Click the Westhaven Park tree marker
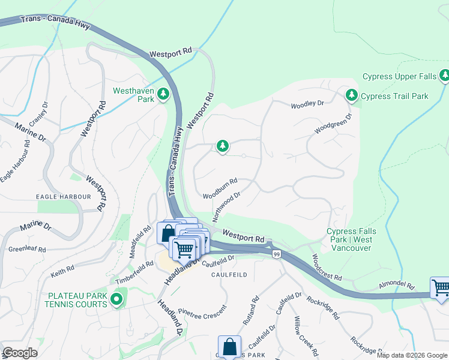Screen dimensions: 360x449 163,94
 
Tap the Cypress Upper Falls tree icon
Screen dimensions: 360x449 444,76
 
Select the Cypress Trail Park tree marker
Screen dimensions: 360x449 352,95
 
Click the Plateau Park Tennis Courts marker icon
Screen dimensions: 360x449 116,298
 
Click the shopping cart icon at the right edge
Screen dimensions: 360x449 440,289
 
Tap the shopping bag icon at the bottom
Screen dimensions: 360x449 229,346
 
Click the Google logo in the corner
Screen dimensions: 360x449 20,353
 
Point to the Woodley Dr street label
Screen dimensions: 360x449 307,104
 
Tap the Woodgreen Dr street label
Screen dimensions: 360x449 333,125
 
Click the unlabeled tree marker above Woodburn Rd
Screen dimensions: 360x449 223,146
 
